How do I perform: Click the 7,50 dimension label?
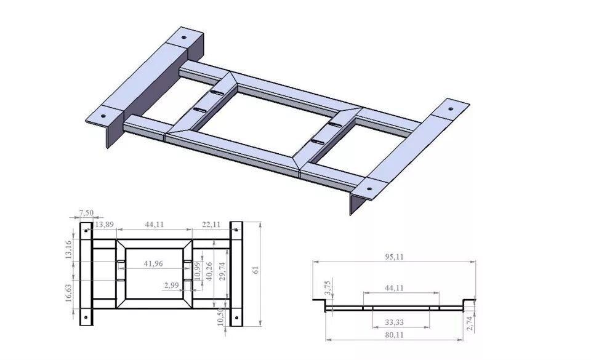[86, 213]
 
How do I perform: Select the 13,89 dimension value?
[105, 225]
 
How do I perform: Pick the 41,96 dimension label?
[153, 264]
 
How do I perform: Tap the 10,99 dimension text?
[197, 270]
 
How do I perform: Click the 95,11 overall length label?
[394, 257]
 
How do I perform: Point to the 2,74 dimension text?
[471, 321]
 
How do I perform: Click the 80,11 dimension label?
[394, 335]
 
